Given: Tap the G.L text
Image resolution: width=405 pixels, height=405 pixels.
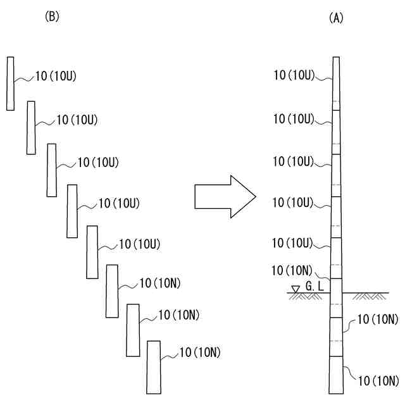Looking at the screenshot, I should click(x=315, y=286).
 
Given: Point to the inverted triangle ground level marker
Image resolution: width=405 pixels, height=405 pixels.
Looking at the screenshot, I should click(x=295, y=289).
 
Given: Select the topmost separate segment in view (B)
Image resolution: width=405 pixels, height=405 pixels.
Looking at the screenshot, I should click(x=10, y=83).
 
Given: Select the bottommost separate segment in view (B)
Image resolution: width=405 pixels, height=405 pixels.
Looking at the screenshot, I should click(x=154, y=367).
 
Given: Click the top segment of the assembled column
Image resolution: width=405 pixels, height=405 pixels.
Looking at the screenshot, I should click(x=336, y=83).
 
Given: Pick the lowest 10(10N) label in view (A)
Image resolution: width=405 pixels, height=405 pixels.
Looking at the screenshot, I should click(x=378, y=380).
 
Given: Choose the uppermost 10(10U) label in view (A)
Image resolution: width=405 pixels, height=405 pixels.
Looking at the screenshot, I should click(x=294, y=75).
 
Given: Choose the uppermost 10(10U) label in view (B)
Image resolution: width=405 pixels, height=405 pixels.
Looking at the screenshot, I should click(x=56, y=77).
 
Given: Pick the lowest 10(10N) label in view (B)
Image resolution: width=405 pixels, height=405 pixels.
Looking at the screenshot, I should click(x=200, y=352).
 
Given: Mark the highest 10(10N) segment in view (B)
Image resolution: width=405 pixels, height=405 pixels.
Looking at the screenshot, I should click(x=112, y=291).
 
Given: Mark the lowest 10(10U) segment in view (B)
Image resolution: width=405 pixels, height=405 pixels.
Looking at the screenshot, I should click(x=92, y=251).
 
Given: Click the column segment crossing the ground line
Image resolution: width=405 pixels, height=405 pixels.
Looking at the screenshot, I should click(x=336, y=297).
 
